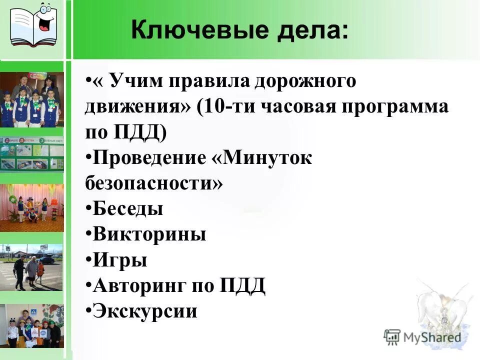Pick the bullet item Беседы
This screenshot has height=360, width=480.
[x=127, y=208]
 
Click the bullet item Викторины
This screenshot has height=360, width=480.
[x=149, y=234]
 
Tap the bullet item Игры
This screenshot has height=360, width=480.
[x=120, y=260]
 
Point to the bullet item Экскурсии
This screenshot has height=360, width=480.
[x=145, y=311]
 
